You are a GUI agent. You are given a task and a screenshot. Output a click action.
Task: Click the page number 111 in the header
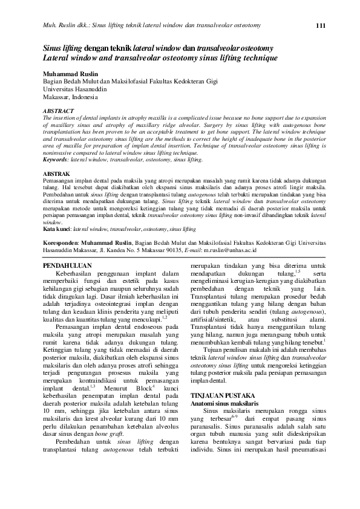[x=321, y=25]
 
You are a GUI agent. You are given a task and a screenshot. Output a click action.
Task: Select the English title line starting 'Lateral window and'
[x=160, y=58]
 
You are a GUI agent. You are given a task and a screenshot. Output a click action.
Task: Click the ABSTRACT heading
[x=58, y=111]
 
